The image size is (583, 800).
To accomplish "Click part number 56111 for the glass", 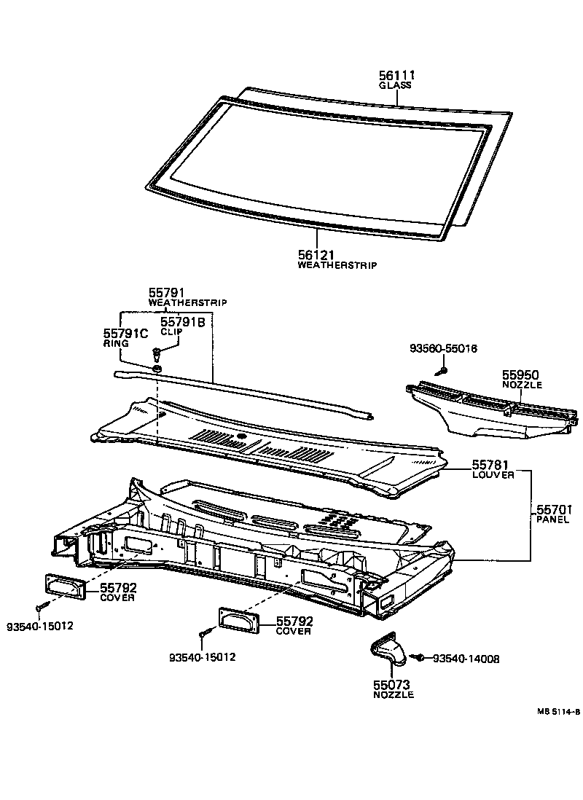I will (x=396, y=74).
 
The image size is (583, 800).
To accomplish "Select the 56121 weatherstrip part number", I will (x=316, y=254).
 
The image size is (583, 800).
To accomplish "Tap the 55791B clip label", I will (x=182, y=321).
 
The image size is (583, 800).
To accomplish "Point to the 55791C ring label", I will (x=125, y=333).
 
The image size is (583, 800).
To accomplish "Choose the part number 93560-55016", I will (x=442, y=349).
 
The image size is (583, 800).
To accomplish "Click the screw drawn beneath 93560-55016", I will (x=440, y=372).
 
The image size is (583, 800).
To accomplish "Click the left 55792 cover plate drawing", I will (x=66, y=585).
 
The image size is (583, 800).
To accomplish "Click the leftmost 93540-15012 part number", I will (x=40, y=626).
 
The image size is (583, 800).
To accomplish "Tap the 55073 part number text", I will (x=392, y=684).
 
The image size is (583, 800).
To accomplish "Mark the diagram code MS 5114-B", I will (x=559, y=712).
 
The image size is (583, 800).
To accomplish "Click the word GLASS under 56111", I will (x=395, y=85).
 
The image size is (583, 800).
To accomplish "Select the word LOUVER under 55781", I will (x=493, y=474).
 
